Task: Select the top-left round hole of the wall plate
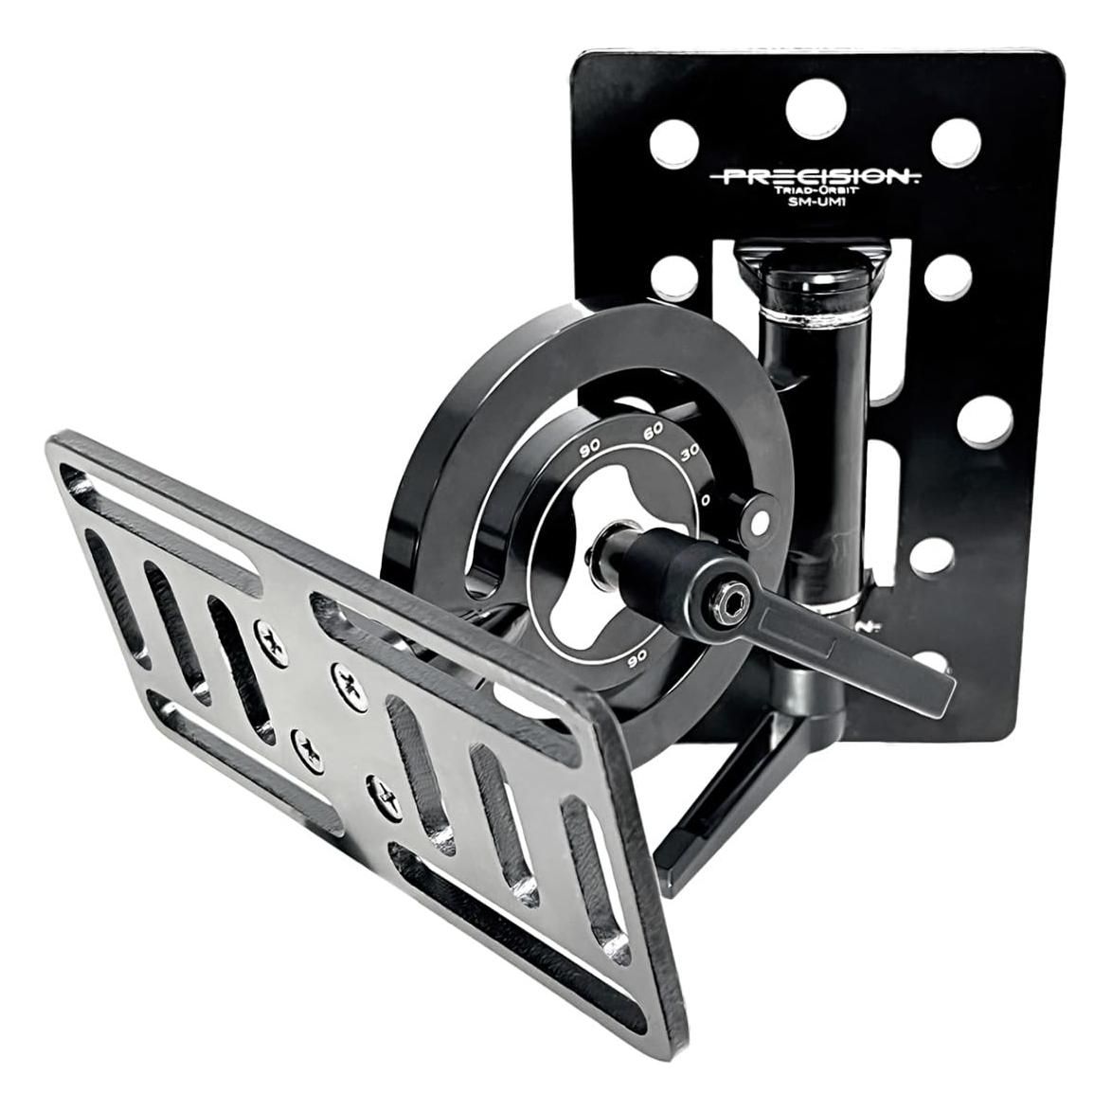coord(669,144)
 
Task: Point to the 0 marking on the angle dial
coord(706,497)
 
